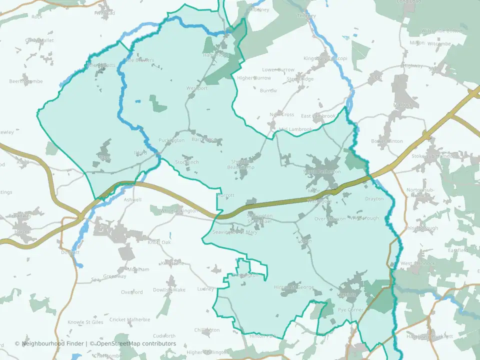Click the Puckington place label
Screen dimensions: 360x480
coord(171,140)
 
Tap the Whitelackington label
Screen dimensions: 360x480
coord(179,211)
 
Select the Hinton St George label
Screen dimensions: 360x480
coord(294,287)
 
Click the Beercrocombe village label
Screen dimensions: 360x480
coord(26,81)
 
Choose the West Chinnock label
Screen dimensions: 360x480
coord(413,263)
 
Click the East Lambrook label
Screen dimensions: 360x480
coord(318,116)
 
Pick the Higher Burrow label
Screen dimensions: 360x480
coord(253,78)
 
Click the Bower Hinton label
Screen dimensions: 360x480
coord(387,141)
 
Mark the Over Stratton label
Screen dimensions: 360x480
coord(330,219)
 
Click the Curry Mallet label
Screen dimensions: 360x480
coord(39,40)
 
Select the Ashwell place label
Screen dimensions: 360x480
coord(132,199)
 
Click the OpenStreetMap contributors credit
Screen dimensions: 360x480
coord(135,343)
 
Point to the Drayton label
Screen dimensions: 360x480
coord(374,199)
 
